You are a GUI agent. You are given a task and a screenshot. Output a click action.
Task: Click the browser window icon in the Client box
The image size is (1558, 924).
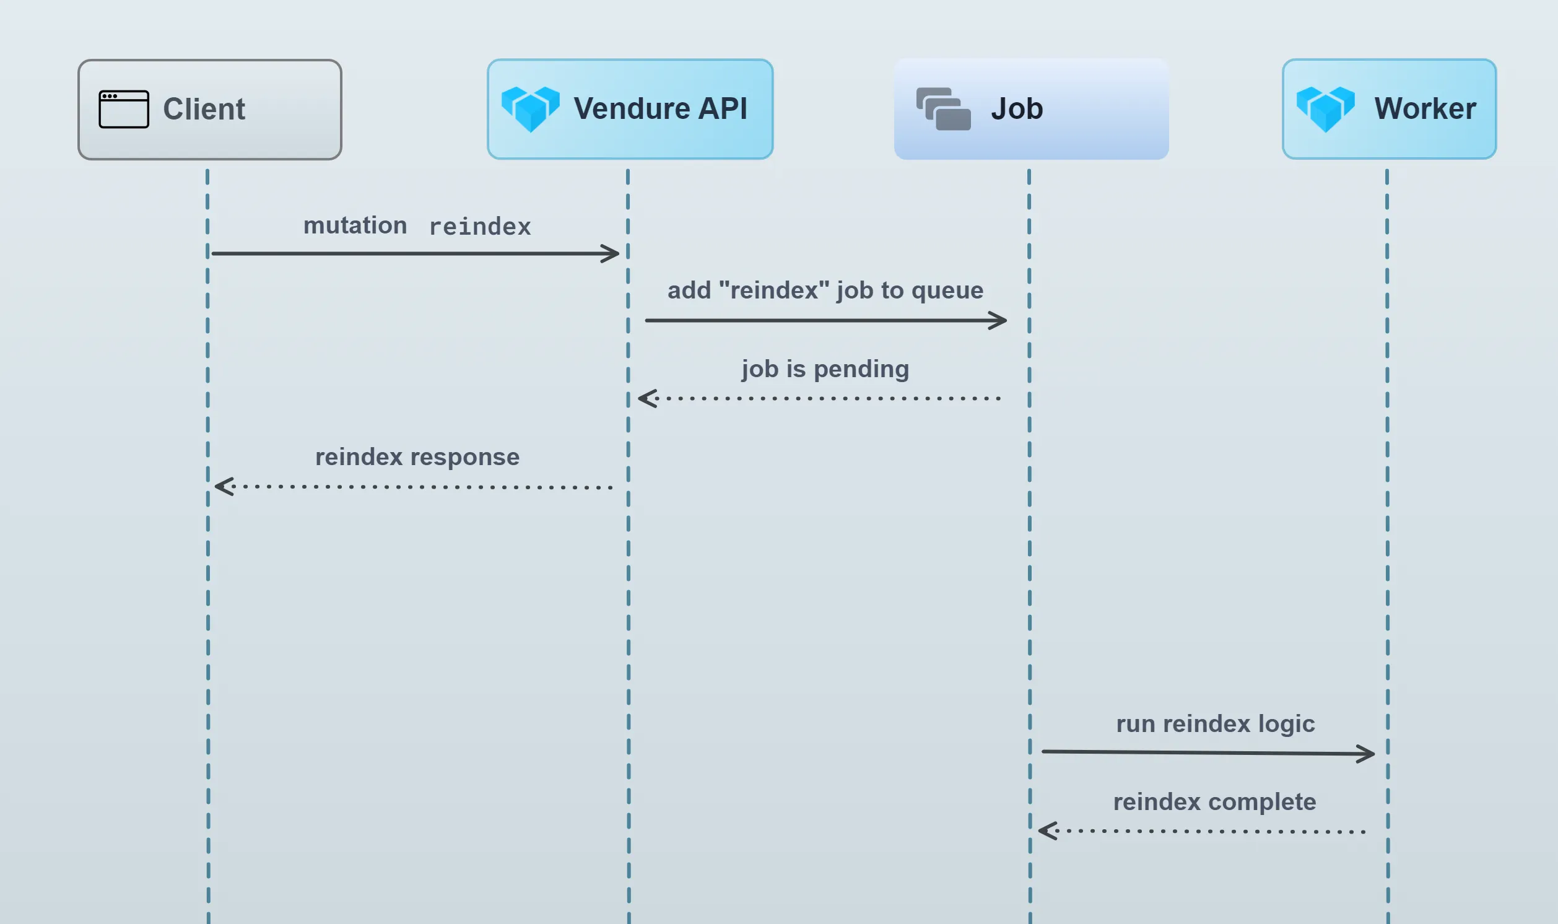124,109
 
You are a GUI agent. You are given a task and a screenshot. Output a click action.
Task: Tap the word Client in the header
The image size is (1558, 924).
204,109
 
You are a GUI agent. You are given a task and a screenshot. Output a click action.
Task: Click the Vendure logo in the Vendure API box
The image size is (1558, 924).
530,109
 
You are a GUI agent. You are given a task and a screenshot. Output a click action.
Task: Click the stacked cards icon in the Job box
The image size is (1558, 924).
943,109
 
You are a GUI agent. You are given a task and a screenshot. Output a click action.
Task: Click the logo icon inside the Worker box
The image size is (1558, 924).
1325,109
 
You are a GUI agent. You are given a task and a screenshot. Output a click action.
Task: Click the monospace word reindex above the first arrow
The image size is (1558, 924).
480,227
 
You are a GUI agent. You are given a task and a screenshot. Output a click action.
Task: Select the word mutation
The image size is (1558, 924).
355,225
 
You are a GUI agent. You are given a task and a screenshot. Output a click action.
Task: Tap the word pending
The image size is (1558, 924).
861,369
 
